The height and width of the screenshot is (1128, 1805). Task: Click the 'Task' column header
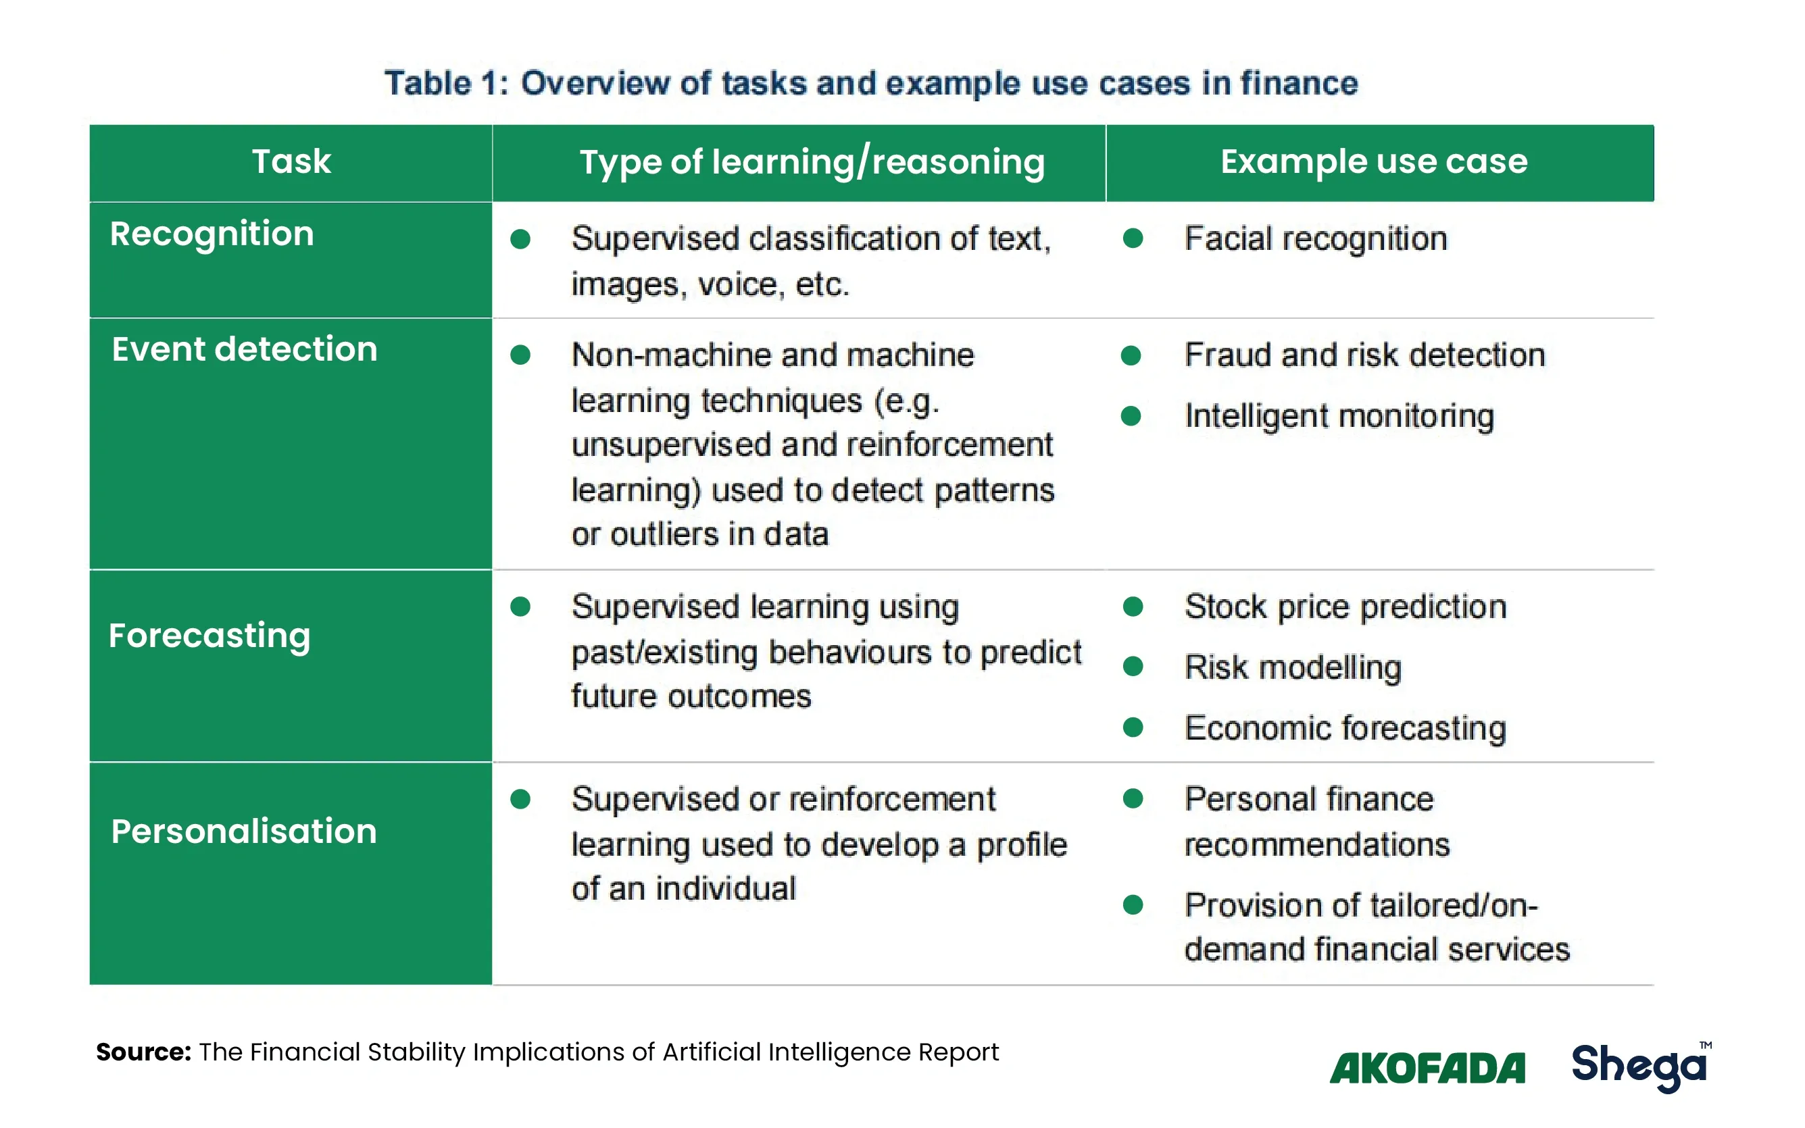(x=291, y=161)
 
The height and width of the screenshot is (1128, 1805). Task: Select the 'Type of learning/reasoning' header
(x=812, y=163)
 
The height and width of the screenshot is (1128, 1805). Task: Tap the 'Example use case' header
(x=1374, y=161)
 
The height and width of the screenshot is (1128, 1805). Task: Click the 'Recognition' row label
(x=212, y=235)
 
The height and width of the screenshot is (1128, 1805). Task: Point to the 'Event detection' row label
(x=245, y=349)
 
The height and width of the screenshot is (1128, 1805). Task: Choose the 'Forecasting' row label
(x=209, y=637)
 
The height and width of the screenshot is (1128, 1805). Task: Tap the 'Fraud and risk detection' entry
(x=1365, y=355)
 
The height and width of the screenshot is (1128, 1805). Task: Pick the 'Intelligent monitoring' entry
(x=1339, y=416)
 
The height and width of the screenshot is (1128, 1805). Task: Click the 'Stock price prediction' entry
(x=1345, y=607)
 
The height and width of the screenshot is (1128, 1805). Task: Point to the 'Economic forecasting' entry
(x=1345, y=729)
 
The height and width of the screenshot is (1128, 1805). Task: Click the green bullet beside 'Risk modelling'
(x=1133, y=666)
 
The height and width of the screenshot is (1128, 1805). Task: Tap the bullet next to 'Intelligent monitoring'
(x=1131, y=415)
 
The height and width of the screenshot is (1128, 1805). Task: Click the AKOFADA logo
(x=1427, y=1069)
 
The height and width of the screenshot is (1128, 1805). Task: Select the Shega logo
(x=1641, y=1067)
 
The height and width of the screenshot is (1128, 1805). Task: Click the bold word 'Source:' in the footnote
(x=144, y=1052)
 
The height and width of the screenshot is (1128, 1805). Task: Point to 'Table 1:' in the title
(x=446, y=83)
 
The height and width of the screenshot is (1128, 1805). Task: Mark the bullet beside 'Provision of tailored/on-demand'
(x=1133, y=905)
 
